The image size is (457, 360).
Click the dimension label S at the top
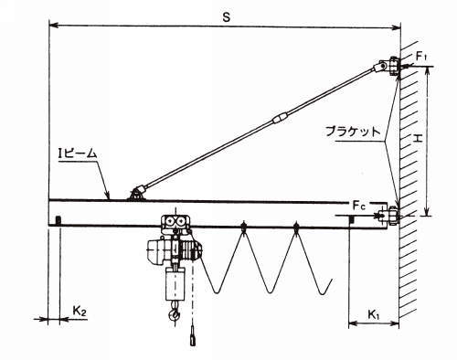pos(226,17)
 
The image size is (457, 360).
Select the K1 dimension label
pos(374,314)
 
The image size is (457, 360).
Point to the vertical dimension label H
pos(418,139)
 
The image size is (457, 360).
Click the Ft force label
pos(421,57)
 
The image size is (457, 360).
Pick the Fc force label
pos(359,206)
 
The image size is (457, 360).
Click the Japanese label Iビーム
pos(78,154)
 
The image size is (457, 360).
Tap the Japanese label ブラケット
pos(354,132)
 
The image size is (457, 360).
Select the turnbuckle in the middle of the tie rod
pos(281,118)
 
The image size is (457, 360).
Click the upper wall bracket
pos(393,66)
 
